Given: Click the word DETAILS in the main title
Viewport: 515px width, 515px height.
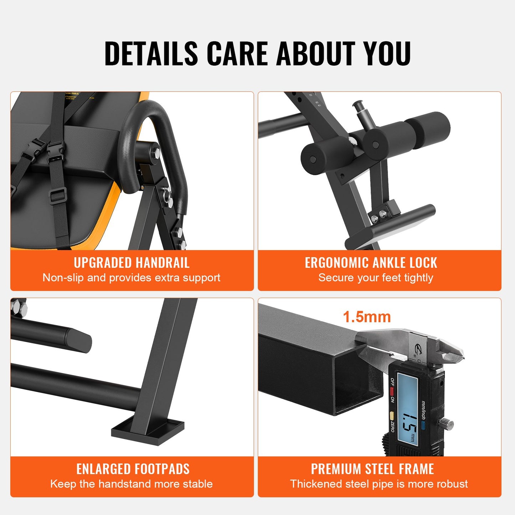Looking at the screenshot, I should [x=151, y=53].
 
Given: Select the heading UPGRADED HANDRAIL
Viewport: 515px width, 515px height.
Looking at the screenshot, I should [x=132, y=263].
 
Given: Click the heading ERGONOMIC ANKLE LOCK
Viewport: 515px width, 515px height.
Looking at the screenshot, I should [x=371, y=263].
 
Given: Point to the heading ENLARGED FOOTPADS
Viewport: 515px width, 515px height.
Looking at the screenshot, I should [x=133, y=469].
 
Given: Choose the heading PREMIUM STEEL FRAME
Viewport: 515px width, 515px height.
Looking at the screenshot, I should [x=372, y=469].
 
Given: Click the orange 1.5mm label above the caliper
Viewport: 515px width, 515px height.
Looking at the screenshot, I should [x=367, y=317].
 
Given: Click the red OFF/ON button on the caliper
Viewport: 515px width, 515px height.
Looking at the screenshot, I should [x=392, y=391].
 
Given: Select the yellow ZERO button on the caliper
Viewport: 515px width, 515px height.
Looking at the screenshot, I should [x=392, y=416].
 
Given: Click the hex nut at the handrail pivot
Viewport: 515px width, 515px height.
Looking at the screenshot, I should [x=156, y=154].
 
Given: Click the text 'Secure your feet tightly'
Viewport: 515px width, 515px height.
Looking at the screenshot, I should [x=376, y=278].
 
